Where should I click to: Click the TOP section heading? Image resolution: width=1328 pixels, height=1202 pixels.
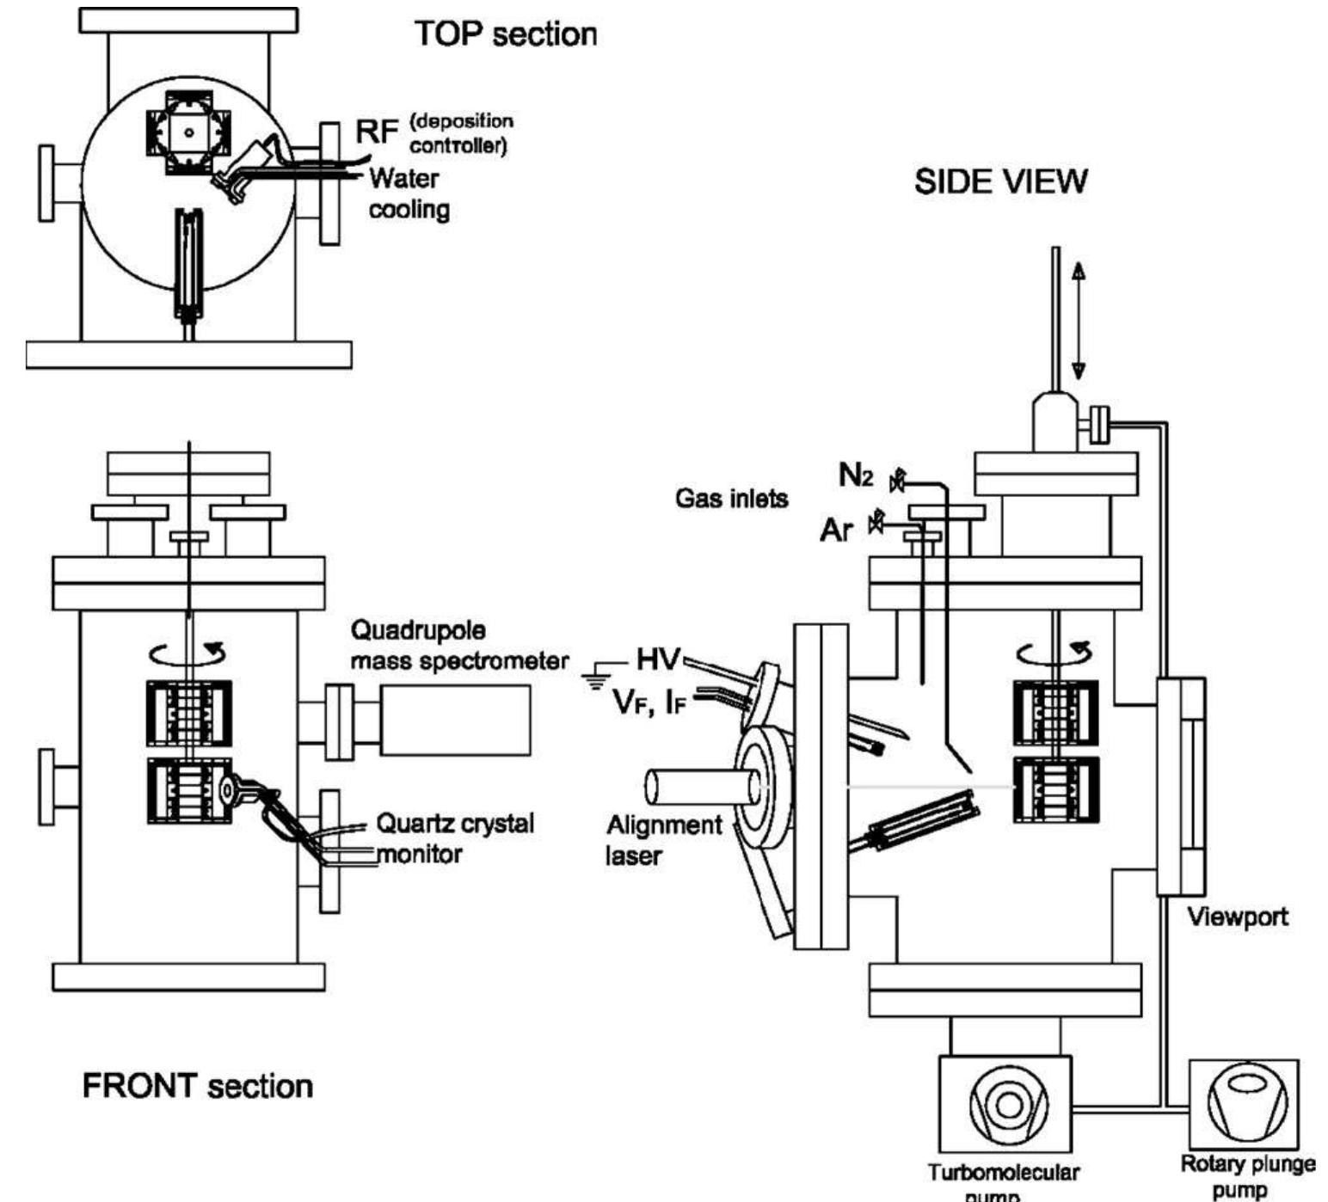(506, 34)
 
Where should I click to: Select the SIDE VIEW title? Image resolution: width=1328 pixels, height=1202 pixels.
(1000, 181)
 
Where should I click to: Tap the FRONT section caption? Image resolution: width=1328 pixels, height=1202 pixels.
(197, 1086)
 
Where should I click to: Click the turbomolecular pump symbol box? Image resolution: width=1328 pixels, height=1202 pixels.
(1005, 1104)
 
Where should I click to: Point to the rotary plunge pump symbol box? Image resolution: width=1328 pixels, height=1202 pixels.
(1243, 1103)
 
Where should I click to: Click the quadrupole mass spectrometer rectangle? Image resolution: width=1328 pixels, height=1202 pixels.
(455, 721)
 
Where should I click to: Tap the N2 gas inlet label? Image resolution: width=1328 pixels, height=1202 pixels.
(856, 475)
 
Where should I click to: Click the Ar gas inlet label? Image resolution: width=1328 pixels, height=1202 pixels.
(835, 530)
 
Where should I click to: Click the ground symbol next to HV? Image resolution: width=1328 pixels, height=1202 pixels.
(593, 676)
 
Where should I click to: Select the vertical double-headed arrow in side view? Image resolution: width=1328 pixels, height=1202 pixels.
(1078, 320)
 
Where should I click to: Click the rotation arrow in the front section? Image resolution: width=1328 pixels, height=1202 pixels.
(188, 653)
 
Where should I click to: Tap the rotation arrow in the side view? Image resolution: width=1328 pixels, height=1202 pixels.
(1054, 653)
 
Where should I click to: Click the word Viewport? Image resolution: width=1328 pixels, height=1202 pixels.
(1237, 917)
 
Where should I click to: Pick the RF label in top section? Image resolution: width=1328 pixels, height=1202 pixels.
(377, 132)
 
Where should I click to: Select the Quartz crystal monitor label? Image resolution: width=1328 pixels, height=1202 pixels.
(453, 838)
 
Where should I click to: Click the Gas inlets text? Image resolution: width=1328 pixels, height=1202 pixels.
(731, 498)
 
